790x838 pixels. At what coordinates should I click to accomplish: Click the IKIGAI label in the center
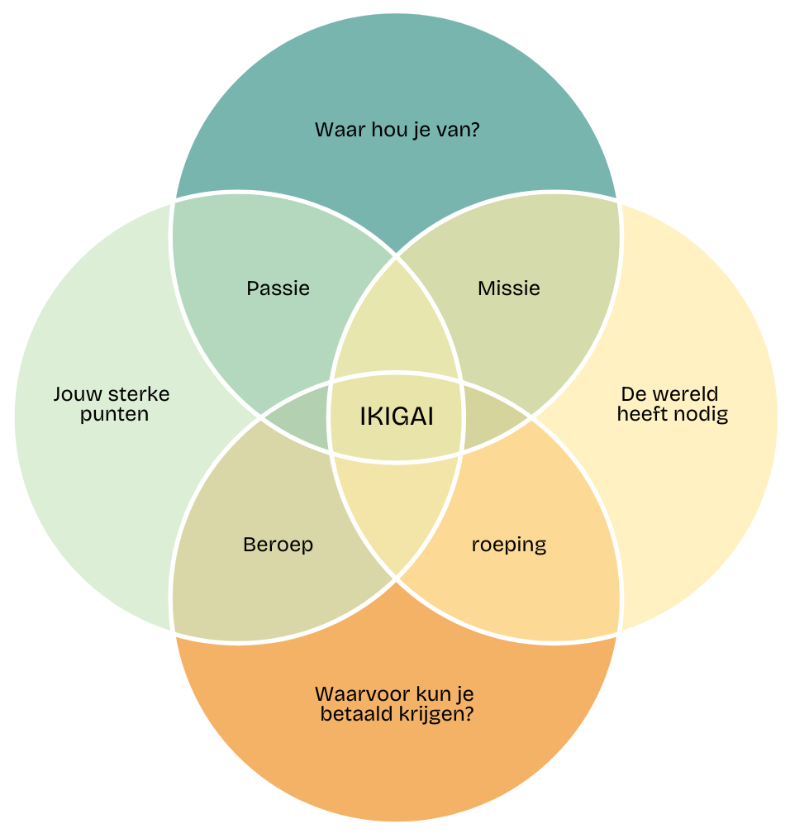(397, 417)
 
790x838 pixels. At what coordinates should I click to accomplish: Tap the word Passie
(278, 288)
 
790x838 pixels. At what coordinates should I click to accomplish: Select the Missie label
(509, 288)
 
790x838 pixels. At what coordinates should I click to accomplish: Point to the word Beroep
(278, 545)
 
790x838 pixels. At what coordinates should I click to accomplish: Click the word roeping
(509, 545)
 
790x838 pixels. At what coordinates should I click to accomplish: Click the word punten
(114, 414)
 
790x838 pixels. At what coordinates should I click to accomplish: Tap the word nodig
(701, 414)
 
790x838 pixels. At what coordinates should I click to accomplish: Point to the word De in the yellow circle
(631, 394)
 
